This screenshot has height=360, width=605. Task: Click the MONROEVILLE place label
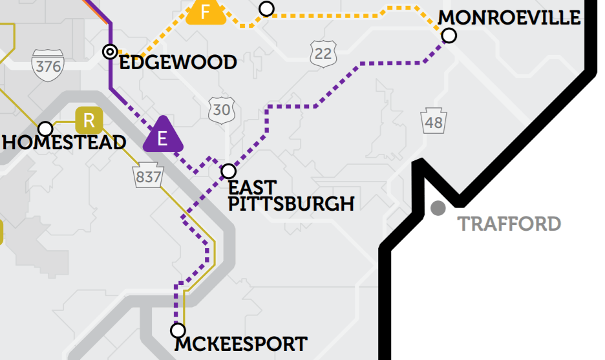(x=509, y=17)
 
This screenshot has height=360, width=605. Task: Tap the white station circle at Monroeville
(x=449, y=36)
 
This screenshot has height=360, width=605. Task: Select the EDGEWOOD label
(x=178, y=63)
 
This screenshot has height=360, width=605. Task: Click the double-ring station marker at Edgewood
(x=111, y=51)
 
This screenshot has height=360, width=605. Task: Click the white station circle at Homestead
(x=45, y=129)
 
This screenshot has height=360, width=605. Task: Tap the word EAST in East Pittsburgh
(x=253, y=188)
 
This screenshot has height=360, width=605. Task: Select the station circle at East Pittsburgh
(x=228, y=171)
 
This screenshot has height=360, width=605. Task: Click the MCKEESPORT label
(x=240, y=344)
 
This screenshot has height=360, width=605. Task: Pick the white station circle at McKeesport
(x=177, y=330)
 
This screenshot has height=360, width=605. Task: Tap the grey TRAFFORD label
(x=509, y=224)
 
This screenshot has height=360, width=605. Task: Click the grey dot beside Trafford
(x=438, y=208)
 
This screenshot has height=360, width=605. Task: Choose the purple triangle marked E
(x=162, y=136)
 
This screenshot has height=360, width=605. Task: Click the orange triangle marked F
(x=206, y=12)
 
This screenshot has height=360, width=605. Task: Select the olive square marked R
(x=89, y=120)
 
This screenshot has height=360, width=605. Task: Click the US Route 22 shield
(x=323, y=53)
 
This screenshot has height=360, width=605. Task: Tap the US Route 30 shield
(x=221, y=109)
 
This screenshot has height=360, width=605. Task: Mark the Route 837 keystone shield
(x=149, y=176)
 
